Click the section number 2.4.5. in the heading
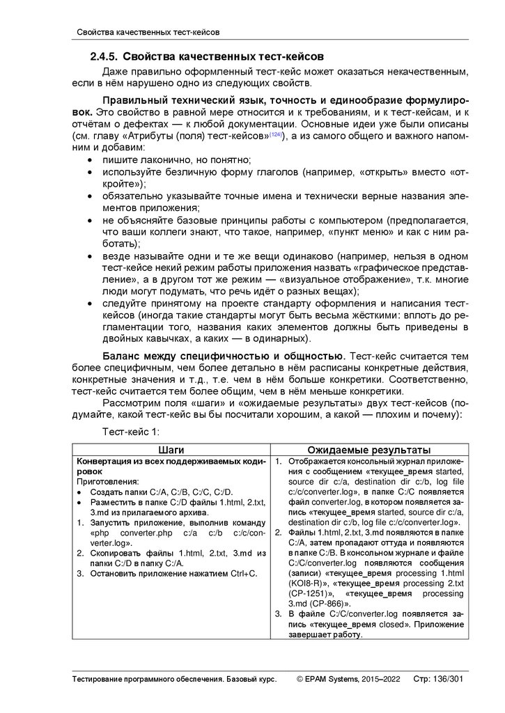coord(104,55)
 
